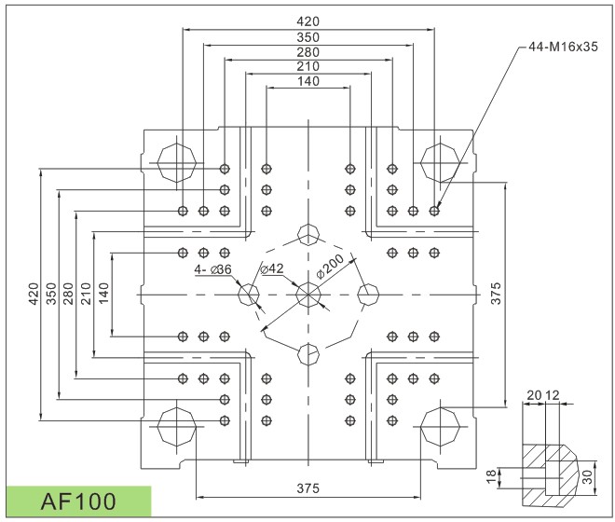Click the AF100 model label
(78, 501)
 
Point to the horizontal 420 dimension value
(307, 21)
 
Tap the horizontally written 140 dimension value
(307, 81)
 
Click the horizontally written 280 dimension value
(307, 51)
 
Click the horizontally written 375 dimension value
(307, 488)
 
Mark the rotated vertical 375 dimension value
(497, 294)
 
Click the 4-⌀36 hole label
(213, 269)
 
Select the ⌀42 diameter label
(273, 269)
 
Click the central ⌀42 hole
(307, 295)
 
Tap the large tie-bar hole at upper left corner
(176, 162)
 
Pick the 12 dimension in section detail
(552, 395)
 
